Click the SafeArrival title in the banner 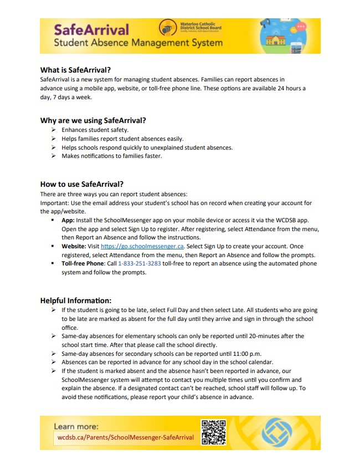[x=91, y=29]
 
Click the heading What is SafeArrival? [x=75, y=70]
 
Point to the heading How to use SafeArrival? [x=82, y=184]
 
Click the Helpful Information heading [x=76, y=300]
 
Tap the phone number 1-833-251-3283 [x=139, y=264]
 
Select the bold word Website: [x=73, y=246]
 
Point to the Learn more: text [x=76, y=426]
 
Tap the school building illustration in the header [x=275, y=39]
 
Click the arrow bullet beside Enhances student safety [x=54, y=130]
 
